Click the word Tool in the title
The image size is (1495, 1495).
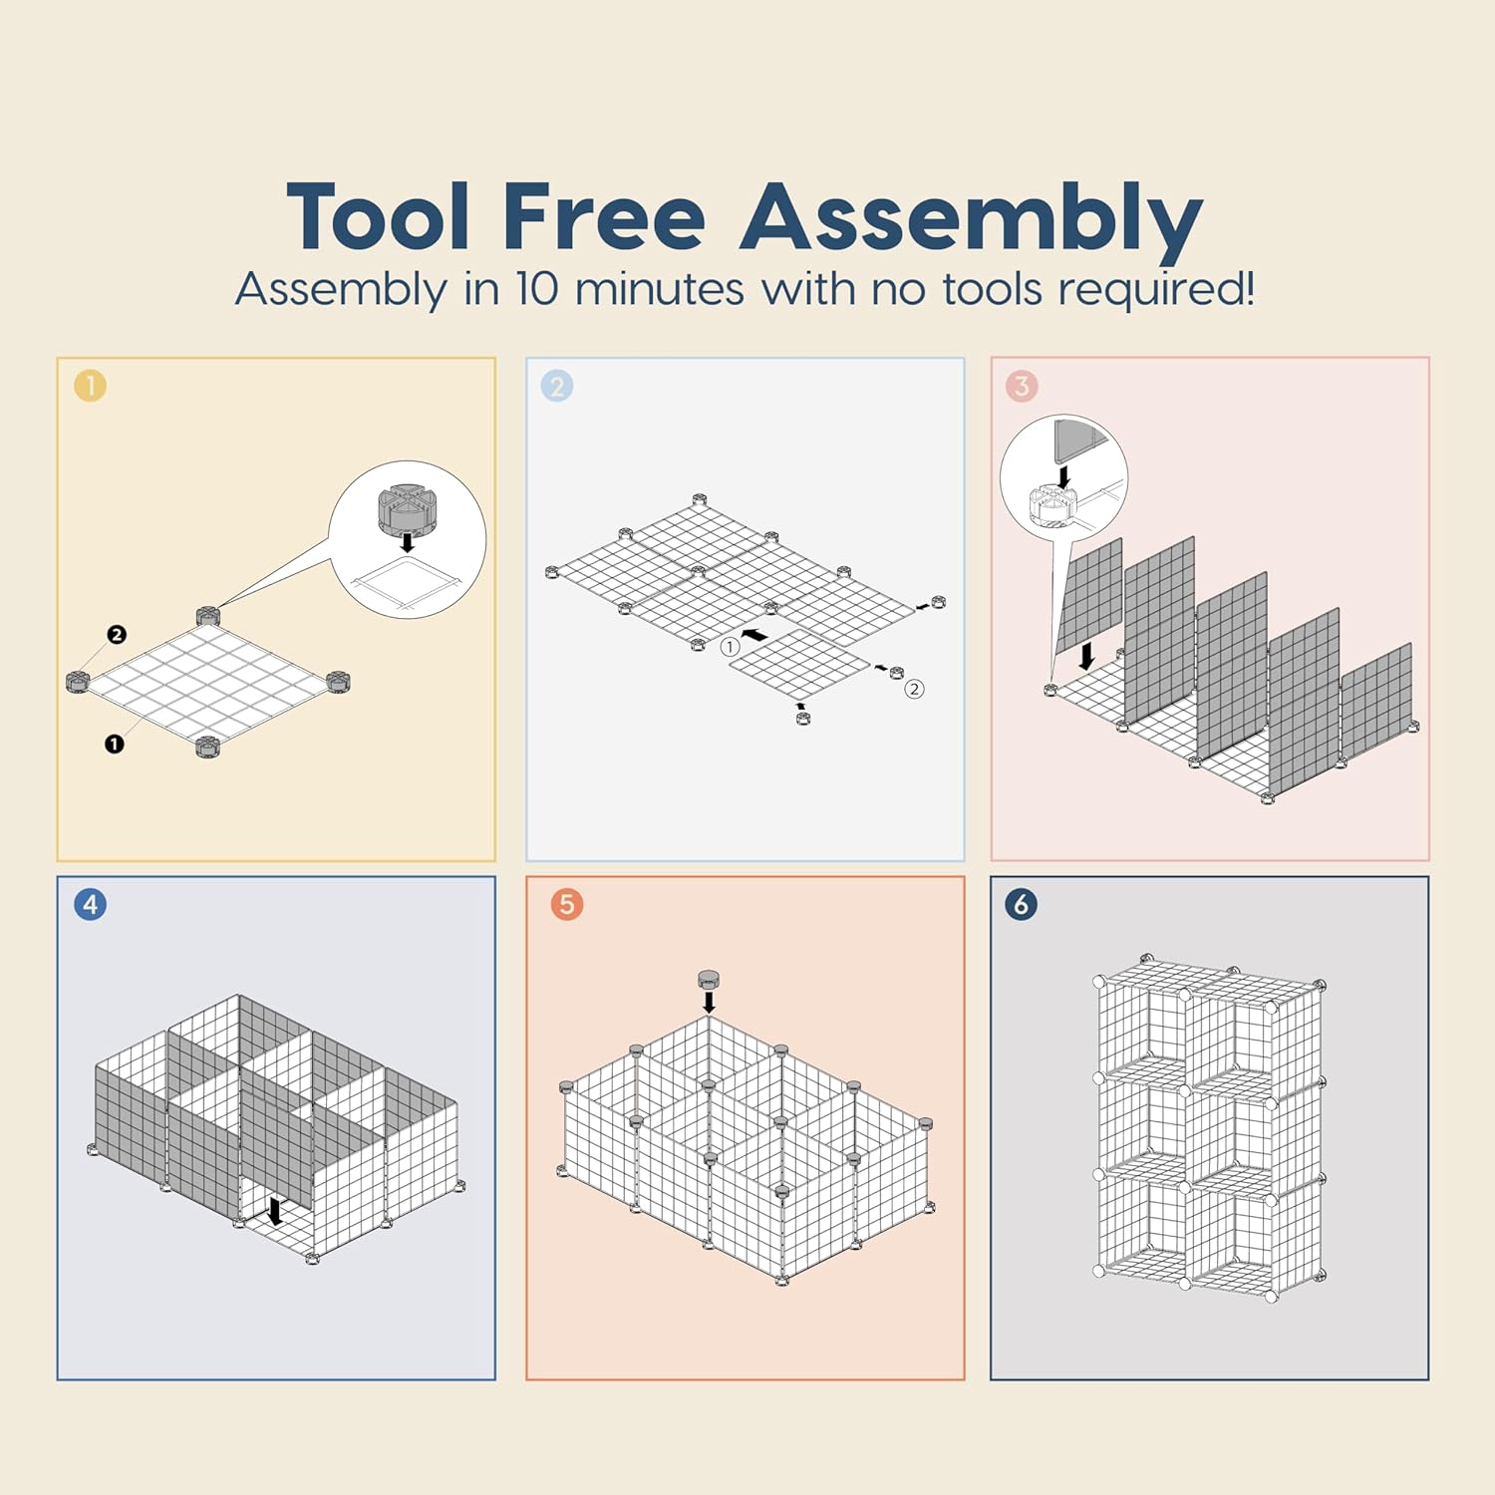[x=379, y=216]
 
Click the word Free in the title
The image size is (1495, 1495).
[x=605, y=216]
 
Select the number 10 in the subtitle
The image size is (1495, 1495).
[x=537, y=289]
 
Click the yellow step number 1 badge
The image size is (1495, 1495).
[x=90, y=386]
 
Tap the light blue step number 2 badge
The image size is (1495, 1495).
[x=557, y=386]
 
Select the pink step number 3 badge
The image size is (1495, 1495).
[x=1022, y=386]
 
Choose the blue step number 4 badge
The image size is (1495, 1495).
[x=90, y=904]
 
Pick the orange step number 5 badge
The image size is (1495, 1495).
[x=567, y=904]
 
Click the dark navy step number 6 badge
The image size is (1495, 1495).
[x=1022, y=904]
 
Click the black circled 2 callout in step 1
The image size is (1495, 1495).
[x=117, y=635]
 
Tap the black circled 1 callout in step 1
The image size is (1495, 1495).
[x=115, y=744]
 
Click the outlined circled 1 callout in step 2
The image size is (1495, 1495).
[x=731, y=647]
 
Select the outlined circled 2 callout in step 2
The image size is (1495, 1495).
[x=914, y=689]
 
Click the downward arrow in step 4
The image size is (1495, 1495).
[x=276, y=1211]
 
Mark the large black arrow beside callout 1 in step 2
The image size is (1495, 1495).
[x=755, y=634]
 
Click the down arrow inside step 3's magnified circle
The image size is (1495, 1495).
[x=1064, y=476]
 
